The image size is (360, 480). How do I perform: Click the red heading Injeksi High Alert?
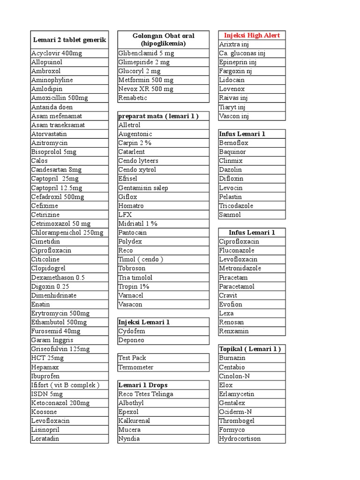(252, 35)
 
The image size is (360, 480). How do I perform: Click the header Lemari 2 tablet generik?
(69, 40)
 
